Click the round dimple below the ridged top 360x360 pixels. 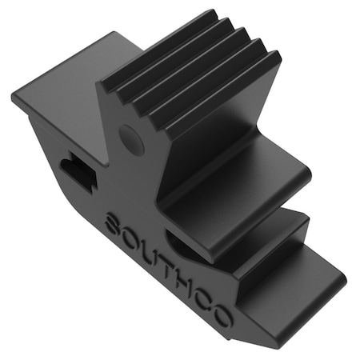[x=132, y=140]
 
